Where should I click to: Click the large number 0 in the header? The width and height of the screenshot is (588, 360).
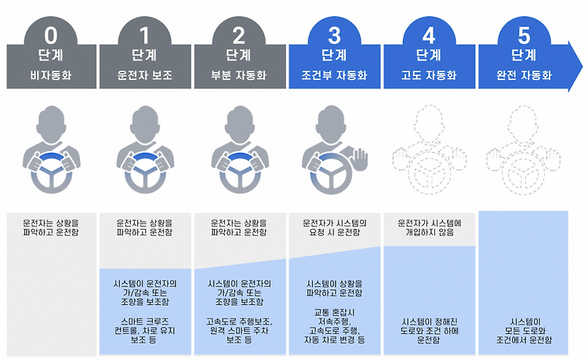(x=50, y=35)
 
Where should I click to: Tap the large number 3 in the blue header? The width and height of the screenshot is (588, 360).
(x=335, y=35)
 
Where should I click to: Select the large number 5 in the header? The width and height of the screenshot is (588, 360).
(x=524, y=35)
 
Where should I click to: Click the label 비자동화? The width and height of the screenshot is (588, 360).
(x=50, y=77)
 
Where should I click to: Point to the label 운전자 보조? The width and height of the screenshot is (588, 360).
(x=145, y=77)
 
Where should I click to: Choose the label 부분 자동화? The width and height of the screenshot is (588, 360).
(x=239, y=77)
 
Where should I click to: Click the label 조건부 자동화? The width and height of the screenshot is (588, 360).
(x=335, y=77)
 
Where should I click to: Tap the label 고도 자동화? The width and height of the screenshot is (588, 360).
(x=429, y=77)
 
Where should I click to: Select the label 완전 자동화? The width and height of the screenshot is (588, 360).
(x=524, y=77)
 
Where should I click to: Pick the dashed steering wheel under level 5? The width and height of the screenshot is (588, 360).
(x=524, y=173)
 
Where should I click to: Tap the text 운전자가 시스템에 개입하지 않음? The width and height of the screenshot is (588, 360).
(x=429, y=227)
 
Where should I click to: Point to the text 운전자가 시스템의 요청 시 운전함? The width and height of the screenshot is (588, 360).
(x=335, y=227)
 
